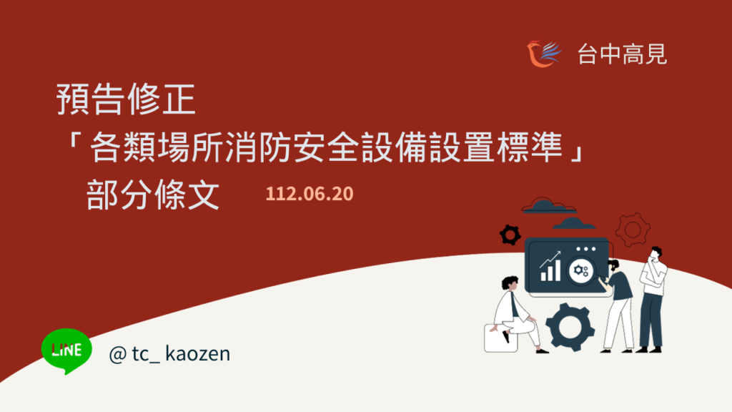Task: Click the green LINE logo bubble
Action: click(x=66, y=350)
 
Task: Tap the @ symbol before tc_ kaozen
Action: click(x=118, y=354)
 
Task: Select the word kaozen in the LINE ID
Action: click(x=197, y=353)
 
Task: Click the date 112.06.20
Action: click(x=310, y=193)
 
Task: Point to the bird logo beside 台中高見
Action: click(x=543, y=54)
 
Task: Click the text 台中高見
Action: click(x=623, y=54)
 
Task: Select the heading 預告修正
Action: click(x=126, y=99)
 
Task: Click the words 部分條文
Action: click(x=153, y=195)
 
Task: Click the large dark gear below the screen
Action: click(x=570, y=326)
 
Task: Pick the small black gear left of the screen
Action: click(x=510, y=235)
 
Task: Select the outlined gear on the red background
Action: click(x=633, y=230)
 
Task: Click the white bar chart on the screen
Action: click(x=550, y=267)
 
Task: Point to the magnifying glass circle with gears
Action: click(x=580, y=270)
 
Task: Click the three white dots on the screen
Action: click(x=586, y=249)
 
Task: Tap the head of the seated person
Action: click(x=510, y=283)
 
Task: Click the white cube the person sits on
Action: click(x=500, y=338)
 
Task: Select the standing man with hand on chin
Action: click(x=652, y=299)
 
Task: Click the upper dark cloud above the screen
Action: click(x=548, y=205)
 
